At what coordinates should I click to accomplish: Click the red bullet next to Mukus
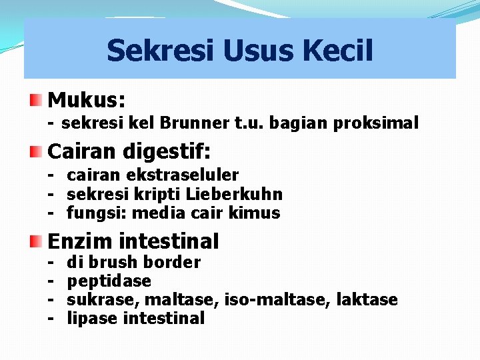tap(37, 101)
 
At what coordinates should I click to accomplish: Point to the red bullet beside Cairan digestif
tap(37, 151)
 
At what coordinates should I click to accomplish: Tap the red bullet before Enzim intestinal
tap(37, 241)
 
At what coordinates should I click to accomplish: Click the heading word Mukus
tap(87, 101)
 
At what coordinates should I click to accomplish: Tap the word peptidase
tap(109, 281)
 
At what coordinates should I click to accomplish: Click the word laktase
tap(368, 300)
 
